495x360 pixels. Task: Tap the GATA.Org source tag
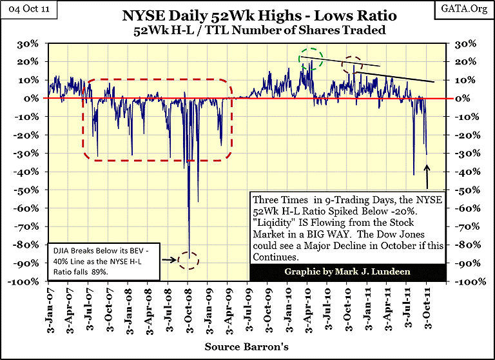(470, 8)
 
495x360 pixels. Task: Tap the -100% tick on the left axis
(27, 283)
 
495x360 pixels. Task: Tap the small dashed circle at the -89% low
(189, 260)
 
